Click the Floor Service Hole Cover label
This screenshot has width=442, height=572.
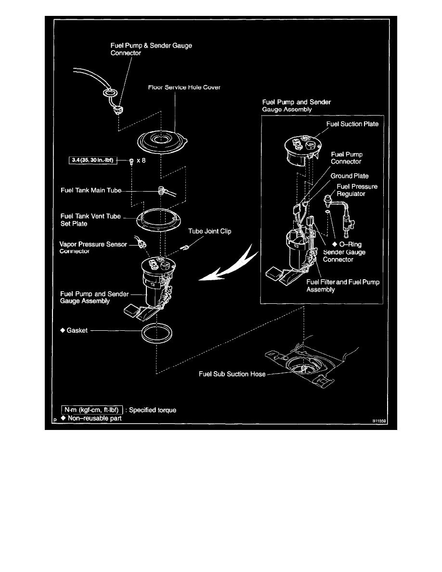[185, 88]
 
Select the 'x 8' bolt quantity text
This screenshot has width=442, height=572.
[141, 160]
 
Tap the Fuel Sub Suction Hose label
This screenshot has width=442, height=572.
[232, 374]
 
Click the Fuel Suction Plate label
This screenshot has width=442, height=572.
[352, 124]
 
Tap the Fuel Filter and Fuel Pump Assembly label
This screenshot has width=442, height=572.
[343, 286]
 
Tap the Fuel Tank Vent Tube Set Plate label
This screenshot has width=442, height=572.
[91, 220]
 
